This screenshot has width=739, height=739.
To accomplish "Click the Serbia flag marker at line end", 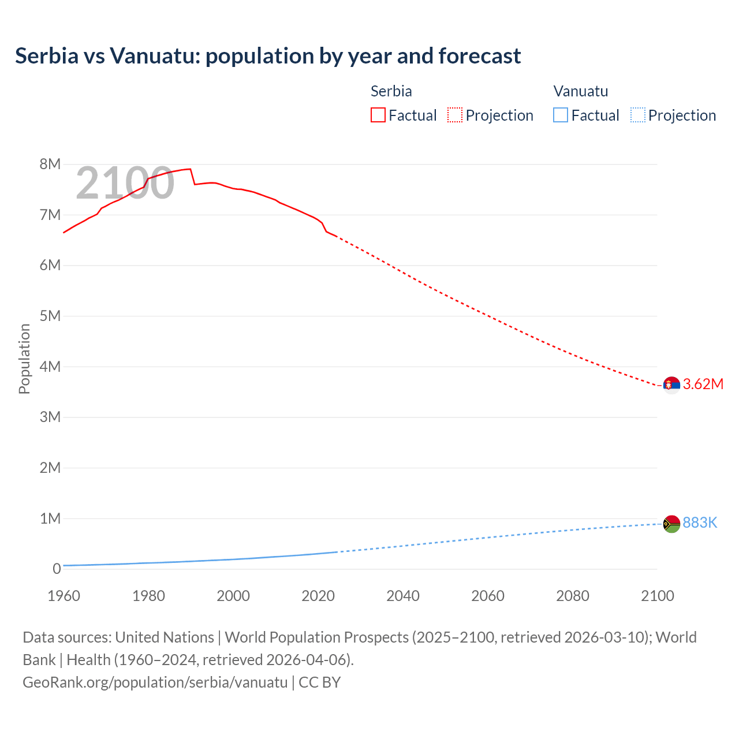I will click(671, 385).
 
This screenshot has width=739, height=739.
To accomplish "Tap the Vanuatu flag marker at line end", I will click(671, 524).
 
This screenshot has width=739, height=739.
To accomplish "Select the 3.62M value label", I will click(703, 385).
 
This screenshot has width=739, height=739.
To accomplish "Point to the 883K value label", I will click(700, 523).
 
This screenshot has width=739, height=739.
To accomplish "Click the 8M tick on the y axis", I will click(50, 165).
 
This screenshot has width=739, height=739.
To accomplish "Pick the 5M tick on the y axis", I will click(50, 316).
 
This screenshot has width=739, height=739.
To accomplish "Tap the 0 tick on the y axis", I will click(57, 569).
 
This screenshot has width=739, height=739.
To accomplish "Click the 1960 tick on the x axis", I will click(64, 596).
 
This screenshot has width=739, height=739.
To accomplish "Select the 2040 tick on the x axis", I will click(403, 596).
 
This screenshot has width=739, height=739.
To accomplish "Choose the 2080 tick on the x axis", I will click(573, 596).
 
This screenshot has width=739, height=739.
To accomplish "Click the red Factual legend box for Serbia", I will click(378, 115).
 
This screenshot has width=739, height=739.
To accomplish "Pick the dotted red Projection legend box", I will click(455, 115).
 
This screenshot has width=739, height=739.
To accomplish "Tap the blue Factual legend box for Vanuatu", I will click(561, 115).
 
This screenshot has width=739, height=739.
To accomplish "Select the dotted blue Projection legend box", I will click(638, 115).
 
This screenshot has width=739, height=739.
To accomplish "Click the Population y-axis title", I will click(24, 359).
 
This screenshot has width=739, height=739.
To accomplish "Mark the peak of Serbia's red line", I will click(189, 169).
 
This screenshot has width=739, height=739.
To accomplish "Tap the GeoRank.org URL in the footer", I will click(155, 682).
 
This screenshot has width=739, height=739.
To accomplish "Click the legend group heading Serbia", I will click(391, 91).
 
